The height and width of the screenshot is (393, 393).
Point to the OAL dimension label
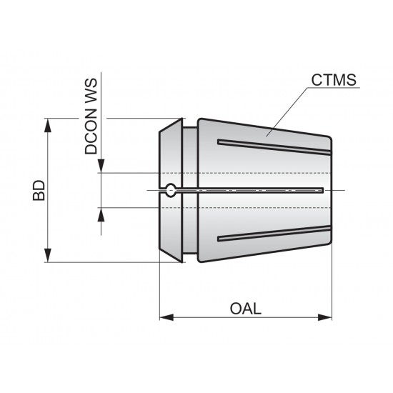pyautogui.click(x=246, y=309)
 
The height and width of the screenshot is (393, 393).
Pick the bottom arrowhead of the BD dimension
pyautogui.click(x=49, y=256)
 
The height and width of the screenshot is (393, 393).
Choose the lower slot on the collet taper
pyautogui.click(x=275, y=233)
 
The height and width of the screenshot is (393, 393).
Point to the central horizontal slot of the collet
pyautogui.click(x=250, y=190)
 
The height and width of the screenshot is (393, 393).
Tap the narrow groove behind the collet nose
pyautogui.click(x=186, y=190)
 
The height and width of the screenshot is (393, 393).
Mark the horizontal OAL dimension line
pyautogui.click(x=214, y=317)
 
